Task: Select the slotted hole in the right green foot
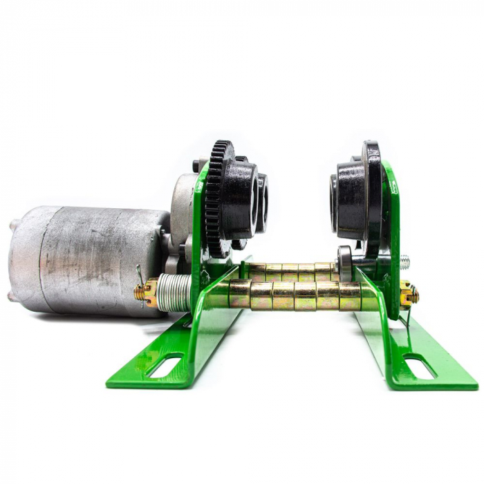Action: pyautogui.click(x=420, y=366)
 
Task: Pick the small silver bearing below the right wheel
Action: pyautogui.click(x=345, y=263)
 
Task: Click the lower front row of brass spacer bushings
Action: pyautogui.click(x=297, y=296)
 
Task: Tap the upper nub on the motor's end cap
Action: pyautogui.click(x=15, y=225)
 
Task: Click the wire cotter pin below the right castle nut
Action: pyautogui.click(x=408, y=315)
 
